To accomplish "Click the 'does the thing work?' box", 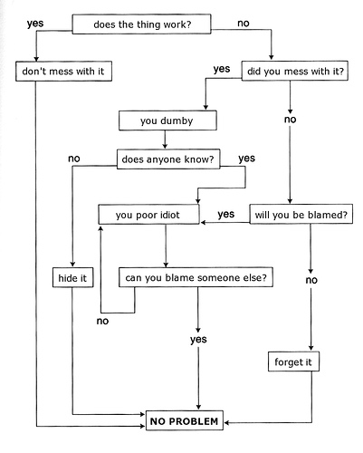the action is (141, 24).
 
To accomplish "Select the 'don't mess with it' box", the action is (63, 72).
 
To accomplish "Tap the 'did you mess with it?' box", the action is (295, 71).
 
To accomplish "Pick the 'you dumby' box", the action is (167, 120).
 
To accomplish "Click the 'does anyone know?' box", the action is (168, 159).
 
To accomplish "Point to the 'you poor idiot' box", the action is (148, 215).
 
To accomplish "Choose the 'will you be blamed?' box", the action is (301, 214).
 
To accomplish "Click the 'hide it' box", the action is (72, 277).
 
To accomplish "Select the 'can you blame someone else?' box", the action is (196, 277).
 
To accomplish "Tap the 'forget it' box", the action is (293, 361).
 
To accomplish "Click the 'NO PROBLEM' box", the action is (185, 420).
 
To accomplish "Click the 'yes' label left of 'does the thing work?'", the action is (35, 24).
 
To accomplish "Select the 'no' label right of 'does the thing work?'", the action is (244, 24).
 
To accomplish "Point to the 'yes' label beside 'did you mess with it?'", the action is (222, 69).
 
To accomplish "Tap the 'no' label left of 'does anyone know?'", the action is (74, 159).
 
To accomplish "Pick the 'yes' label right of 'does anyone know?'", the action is (247, 159).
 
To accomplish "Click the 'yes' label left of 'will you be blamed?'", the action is (226, 215).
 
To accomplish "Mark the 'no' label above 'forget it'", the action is (311, 280).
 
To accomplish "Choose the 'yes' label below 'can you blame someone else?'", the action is (198, 340).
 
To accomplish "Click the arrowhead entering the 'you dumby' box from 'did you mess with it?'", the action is (205, 108).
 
